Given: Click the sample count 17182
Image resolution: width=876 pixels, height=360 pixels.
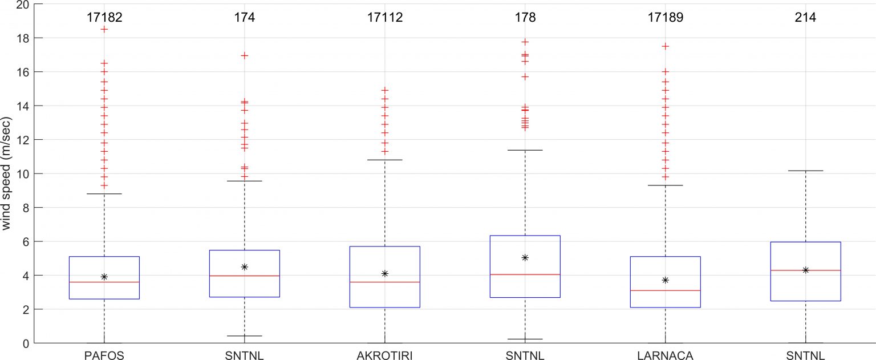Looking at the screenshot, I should click(104, 17).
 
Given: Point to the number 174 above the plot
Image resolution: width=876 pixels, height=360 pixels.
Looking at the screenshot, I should click(244, 17).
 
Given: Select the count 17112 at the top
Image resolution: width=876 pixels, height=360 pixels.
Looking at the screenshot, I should click(384, 17).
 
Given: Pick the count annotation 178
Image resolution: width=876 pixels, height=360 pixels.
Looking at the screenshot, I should click(525, 17).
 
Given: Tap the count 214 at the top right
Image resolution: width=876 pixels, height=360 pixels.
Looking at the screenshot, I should click(805, 17).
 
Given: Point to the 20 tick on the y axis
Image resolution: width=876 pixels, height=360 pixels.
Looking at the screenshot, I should click(21, 5).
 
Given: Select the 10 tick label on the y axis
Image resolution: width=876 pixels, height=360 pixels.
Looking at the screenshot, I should click(21, 173).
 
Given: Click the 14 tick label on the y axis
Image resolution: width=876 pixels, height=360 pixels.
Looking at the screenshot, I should click(21, 106).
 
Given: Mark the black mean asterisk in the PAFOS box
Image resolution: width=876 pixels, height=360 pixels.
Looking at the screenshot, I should click(104, 277).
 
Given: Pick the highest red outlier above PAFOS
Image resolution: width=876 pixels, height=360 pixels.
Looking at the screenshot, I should click(104, 29).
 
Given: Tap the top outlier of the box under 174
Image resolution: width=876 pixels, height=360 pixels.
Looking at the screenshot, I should click(244, 55).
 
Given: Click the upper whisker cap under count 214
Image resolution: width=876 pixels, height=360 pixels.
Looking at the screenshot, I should click(805, 171).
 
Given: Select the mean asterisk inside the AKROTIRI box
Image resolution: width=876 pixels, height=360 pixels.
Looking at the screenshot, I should click(384, 273).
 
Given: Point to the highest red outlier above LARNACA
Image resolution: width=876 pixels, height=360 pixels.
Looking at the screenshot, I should click(665, 46).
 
